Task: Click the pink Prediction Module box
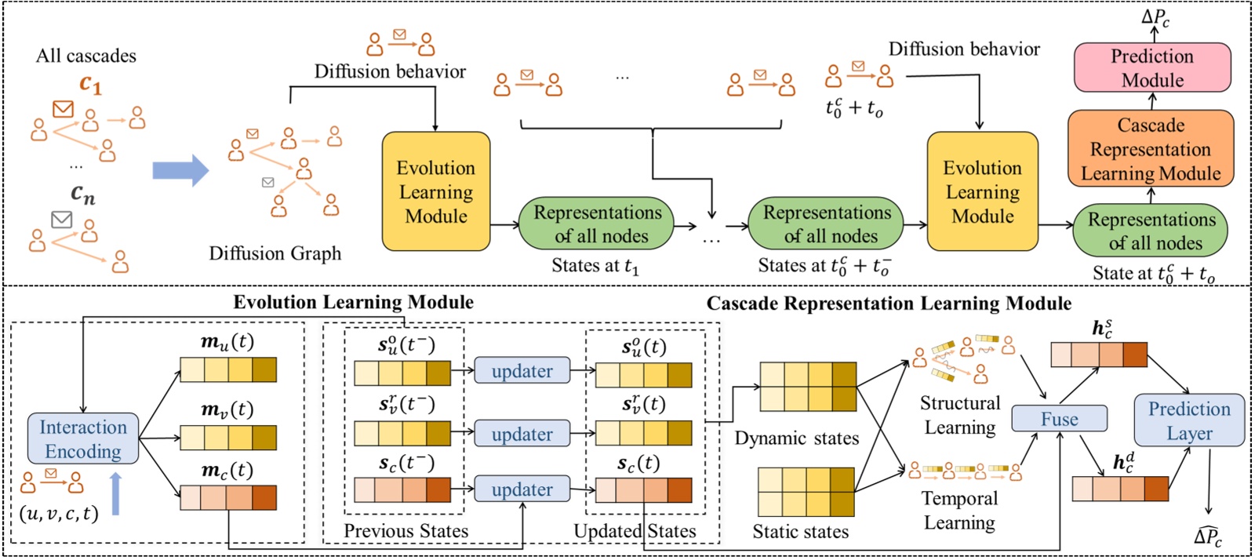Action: pos(1151,67)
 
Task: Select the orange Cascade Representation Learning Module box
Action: pos(1151,149)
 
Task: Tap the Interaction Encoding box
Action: pos(83,438)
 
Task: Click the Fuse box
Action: pos(1059,419)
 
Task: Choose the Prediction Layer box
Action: pos(1189,420)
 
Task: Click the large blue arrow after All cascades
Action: pos(180,170)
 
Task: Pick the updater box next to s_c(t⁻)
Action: pos(522,489)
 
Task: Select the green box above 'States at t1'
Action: pos(597,224)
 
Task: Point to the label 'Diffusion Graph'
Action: pos(275,253)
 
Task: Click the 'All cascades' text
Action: pos(85,56)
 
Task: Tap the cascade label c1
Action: pos(90,84)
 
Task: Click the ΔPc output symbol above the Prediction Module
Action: pos(1155,17)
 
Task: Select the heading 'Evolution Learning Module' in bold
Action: pos(353,302)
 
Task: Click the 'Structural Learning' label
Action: pos(960,415)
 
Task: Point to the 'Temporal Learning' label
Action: pos(959,510)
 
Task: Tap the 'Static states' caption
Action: pos(800,532)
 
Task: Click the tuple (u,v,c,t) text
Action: pos(59,514)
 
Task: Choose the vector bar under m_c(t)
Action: pos(227,497)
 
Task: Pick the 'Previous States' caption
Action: pos(406,531)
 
